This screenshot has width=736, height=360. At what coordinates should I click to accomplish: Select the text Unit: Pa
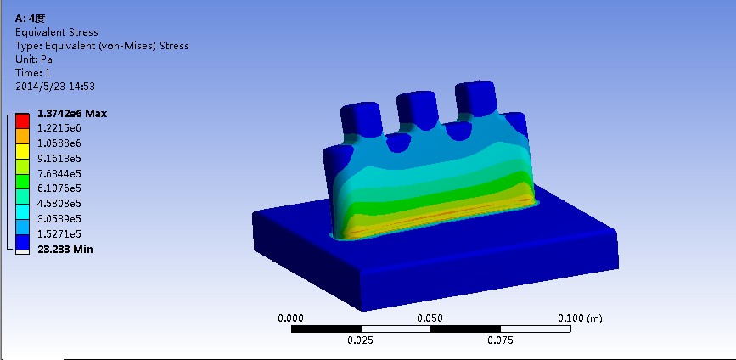[34, 59]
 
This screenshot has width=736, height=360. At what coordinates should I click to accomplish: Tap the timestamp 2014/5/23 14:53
[54, 87]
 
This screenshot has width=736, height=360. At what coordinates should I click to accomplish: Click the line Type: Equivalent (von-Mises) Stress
[102, 46]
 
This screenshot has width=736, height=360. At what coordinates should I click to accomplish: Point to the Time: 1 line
[33, 73]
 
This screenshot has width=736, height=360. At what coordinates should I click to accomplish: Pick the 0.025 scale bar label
[361, 340]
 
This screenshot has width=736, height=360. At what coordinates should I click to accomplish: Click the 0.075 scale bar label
[500, 340]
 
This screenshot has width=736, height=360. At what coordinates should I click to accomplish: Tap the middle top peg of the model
[417, 108]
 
